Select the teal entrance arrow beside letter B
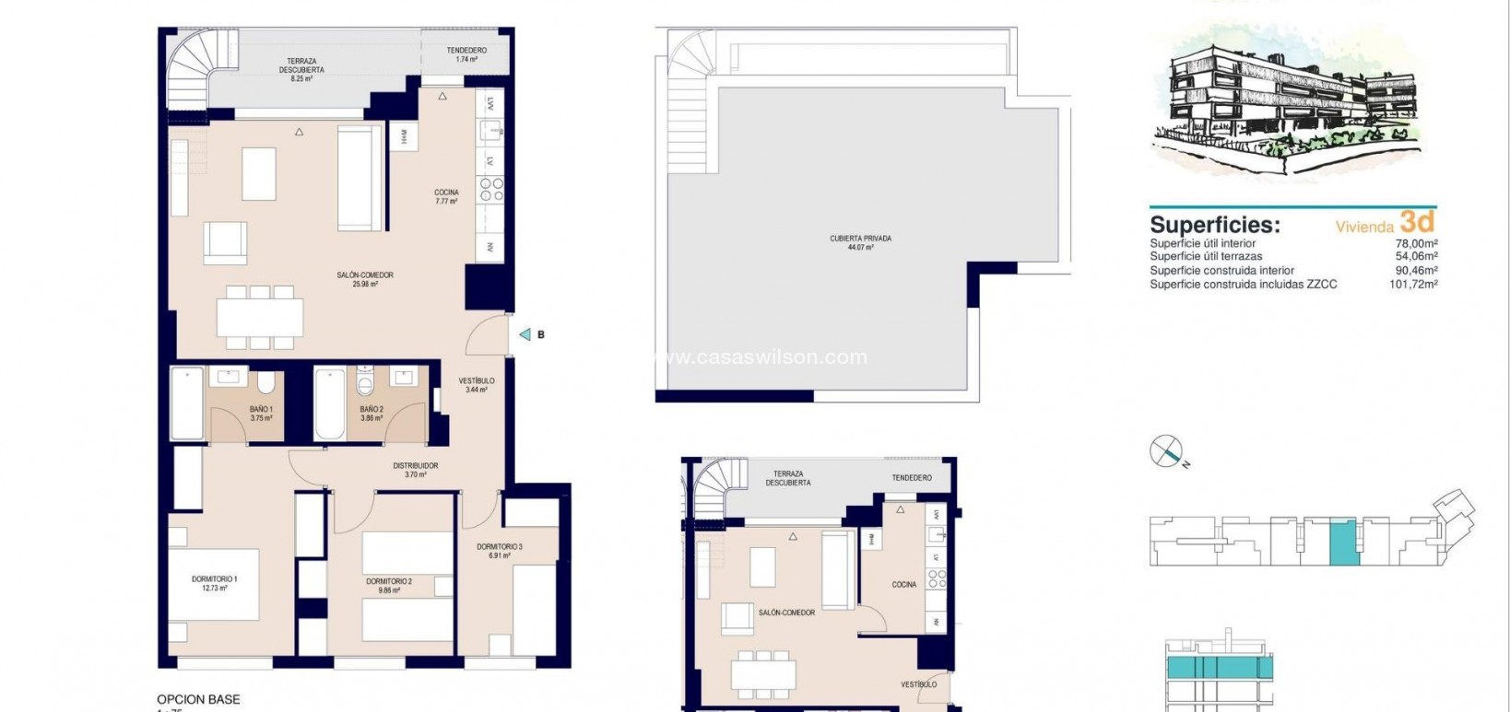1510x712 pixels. [525, 334]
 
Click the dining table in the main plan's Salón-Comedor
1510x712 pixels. [260, 317]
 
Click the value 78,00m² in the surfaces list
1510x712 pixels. [1417, 243]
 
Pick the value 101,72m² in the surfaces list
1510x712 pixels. [1414, 285]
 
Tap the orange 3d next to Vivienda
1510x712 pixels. [1417, 221]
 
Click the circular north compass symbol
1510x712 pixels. [1165, 450]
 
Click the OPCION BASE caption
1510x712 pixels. [198, 699]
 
